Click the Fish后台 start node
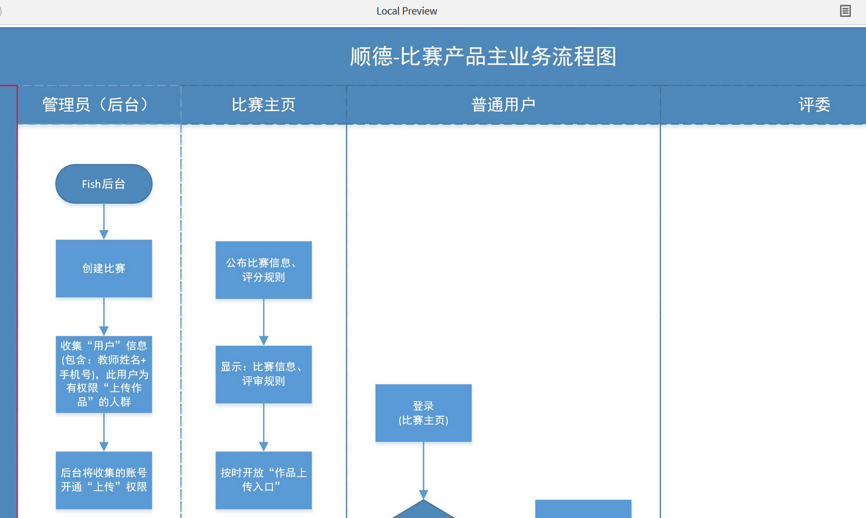coord(104,184)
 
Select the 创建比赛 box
coord(104,269)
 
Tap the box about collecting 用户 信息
coord(104,374)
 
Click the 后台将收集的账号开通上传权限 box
coord(104,480)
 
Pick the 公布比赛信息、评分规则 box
coord(264,270)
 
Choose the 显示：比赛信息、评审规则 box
coord(264,374)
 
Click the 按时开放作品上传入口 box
coord(264,480)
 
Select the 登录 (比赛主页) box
coord(423,413)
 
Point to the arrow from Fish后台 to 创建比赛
coord(104,222)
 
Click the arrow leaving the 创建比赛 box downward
coord(104,316)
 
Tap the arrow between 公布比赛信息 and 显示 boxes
coord(264,322)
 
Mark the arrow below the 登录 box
coord(423,471)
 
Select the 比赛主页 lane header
coord(264,105)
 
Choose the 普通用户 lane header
coord(503,105)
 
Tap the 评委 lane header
coord(814,105)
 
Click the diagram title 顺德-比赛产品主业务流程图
coord(483,57)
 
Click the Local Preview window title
coord(407,11)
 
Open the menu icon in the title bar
coord(845,11)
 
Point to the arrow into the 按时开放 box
coord(264,427)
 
